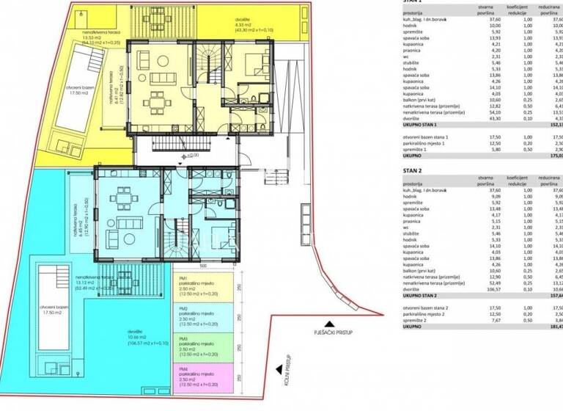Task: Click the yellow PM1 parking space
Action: click(x=199, y=284)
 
